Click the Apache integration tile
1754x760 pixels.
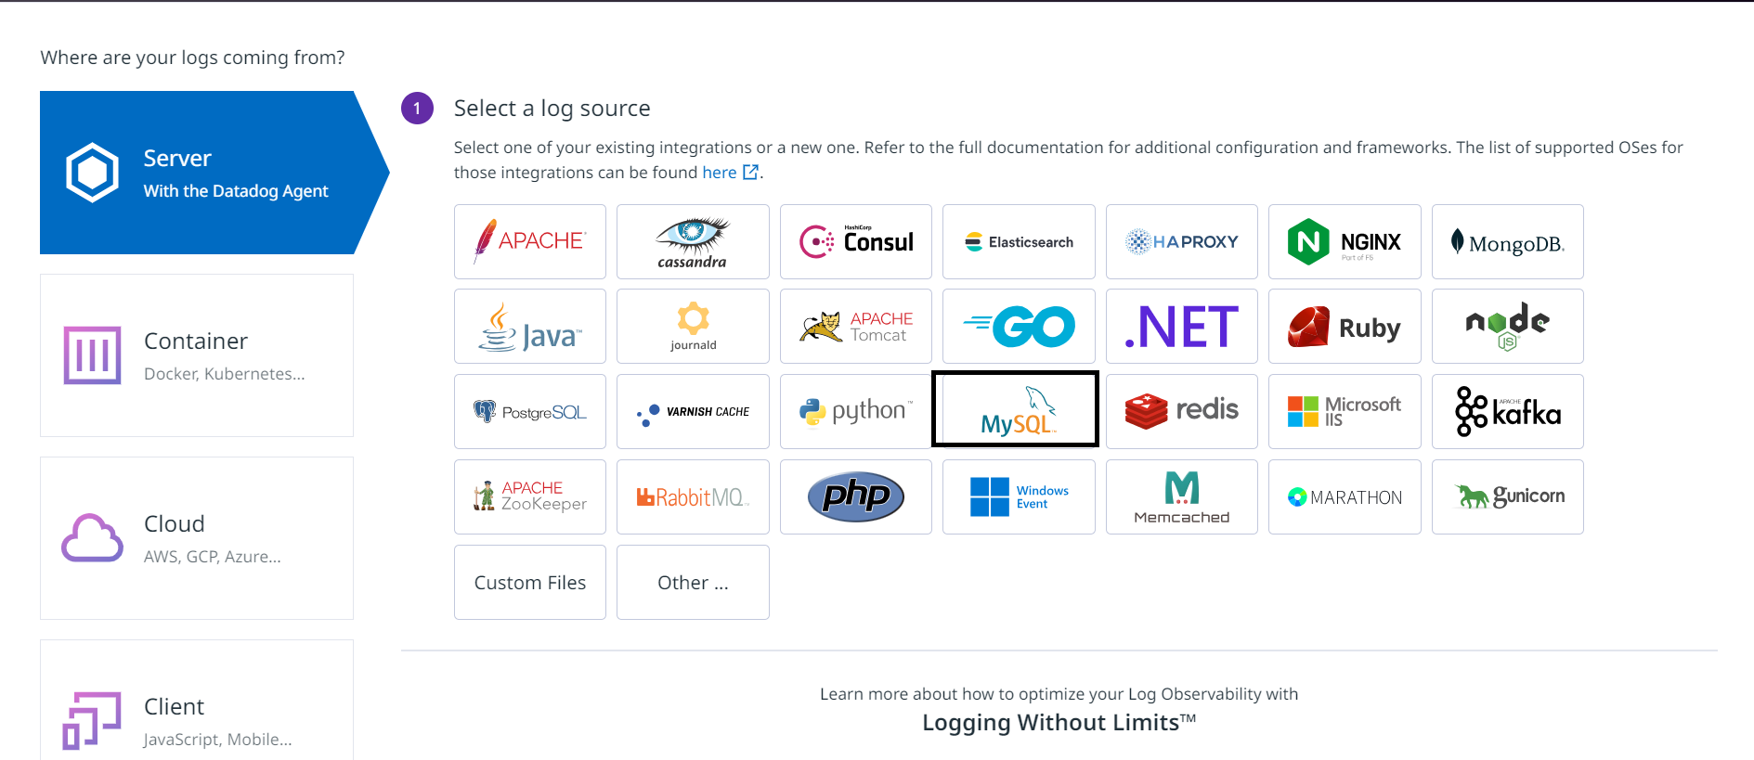[x=530, y=241]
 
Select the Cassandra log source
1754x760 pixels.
[x=693, y=241]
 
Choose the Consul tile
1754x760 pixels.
[x=856, y=241]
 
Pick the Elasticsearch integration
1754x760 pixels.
[x=1019, y=241]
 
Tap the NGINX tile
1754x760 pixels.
[x=1345, y=241]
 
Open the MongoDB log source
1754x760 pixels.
[x=1508, y=241]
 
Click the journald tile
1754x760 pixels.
[x=693, y=327]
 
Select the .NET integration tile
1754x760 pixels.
[x=1182, y=327]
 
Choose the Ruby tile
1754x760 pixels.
[x=1345, y=327]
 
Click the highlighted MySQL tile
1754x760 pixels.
[x=1015, y=409]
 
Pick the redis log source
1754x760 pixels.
[x=1182, y=411]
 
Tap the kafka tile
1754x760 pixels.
[x=1508, y=411]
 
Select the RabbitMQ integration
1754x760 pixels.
[x=693, y=496]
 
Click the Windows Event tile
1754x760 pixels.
[x=1019, y=496]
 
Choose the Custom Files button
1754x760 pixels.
[x=530, y=582]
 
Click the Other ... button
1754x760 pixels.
[x=693, y=582]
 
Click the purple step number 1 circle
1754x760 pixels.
[x=417, y=109]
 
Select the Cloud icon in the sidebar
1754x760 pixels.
[x=92, y=537]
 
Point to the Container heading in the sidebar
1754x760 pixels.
[x=196, y=341]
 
